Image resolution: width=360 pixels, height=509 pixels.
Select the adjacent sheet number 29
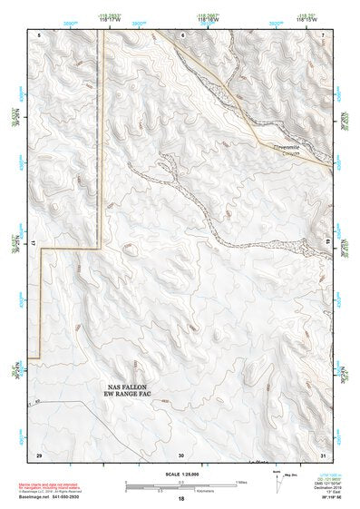[38, 454]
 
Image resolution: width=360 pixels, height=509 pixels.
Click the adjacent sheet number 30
[181, 454]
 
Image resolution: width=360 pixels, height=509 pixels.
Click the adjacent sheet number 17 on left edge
[32, 243]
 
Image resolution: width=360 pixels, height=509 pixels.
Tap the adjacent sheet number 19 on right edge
[329, 243]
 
